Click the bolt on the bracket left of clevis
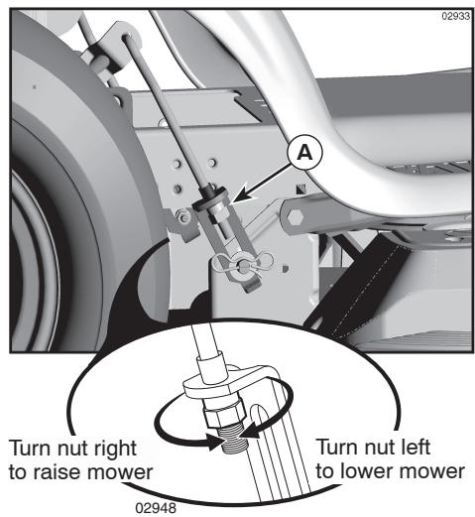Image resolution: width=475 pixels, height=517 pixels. [183, 218]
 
